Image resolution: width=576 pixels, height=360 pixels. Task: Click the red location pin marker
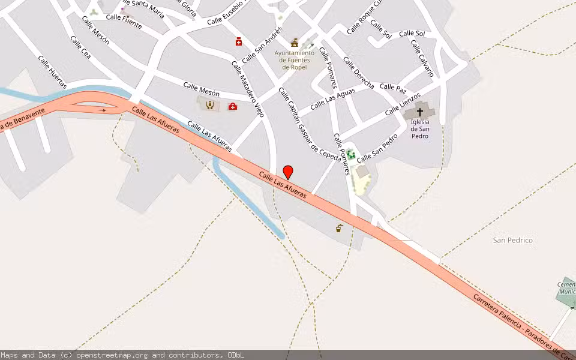point(288,172)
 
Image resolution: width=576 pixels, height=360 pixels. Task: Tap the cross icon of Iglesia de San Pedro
point(420,112)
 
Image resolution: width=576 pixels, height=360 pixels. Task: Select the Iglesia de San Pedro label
point(419,128)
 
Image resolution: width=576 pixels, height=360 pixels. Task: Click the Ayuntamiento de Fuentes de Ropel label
point(295,60)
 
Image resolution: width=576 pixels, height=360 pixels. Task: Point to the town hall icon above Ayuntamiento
point(295,42)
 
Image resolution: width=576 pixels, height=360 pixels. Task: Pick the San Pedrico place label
point(512,240)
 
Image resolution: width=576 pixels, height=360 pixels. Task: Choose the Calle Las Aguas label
point(332,99)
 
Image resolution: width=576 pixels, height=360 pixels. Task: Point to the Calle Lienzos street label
point(403,104)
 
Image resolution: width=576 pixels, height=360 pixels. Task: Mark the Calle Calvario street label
point(422,58)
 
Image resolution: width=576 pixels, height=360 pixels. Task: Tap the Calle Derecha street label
point(358,73)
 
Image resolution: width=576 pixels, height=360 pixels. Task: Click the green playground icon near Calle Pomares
point(350,154)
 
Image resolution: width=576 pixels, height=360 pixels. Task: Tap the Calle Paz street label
point(392,88)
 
